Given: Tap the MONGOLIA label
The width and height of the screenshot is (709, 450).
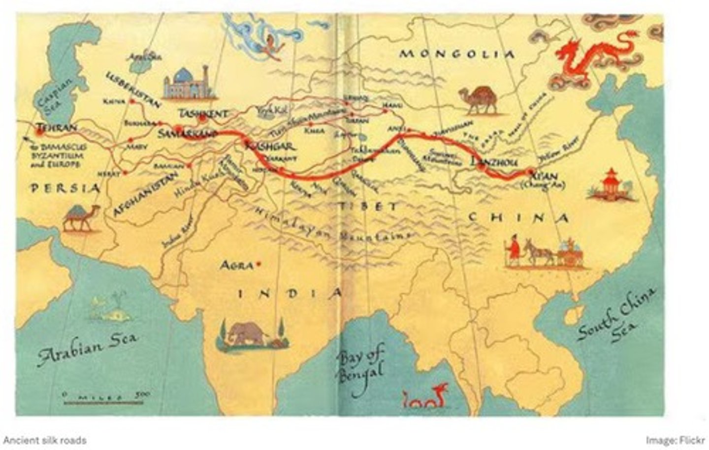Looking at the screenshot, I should click(x=456, y=54).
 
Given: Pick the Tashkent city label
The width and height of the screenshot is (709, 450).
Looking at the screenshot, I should click(x=203, y=114).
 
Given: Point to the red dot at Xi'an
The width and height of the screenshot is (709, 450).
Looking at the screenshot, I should click(x=531, y=172).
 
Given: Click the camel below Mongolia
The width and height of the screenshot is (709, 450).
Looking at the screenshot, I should click(x=478, y=100).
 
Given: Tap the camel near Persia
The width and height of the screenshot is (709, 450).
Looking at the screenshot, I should click(x=81, y=218).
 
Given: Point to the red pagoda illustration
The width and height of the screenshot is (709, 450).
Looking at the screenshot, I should click(x=611, y=185).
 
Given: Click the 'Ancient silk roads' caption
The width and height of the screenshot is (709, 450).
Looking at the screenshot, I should click(x=44, y=440).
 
